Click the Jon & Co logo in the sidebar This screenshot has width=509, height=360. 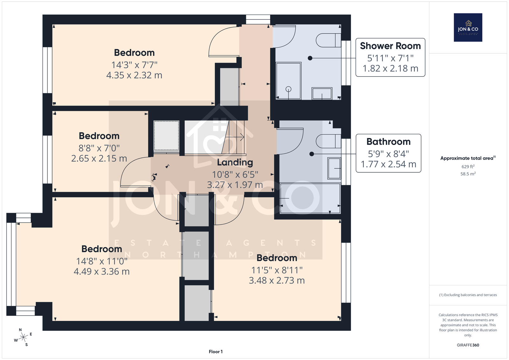(x=468, y=27)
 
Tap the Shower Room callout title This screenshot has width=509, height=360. (x=390, y=46)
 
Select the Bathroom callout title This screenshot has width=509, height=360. (x=388, y=142)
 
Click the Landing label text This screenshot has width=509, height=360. (x=235, y=163)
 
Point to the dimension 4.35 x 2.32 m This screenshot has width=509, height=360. (x=134, y=75)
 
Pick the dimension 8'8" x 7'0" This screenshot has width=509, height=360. (x=99, y=148)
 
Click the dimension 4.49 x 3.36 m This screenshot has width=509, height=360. (x=101, y=271)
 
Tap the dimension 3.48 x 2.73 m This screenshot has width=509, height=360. (x=277, y=280)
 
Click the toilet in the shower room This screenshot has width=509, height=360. (x=328, y=40)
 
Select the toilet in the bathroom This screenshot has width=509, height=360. (x=328, y=141)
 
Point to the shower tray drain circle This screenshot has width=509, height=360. (x=288, y=89)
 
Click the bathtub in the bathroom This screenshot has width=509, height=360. (x=310, y=198)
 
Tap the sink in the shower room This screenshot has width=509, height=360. (x=322, y=93)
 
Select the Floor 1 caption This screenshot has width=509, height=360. (x=216, y=352)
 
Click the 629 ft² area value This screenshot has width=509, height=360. (x=468, y=167)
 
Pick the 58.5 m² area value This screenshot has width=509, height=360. (x=468, y=174)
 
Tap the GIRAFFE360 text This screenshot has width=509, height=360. (x=468, y=345)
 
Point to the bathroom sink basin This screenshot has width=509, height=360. (x=334, y=168)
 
